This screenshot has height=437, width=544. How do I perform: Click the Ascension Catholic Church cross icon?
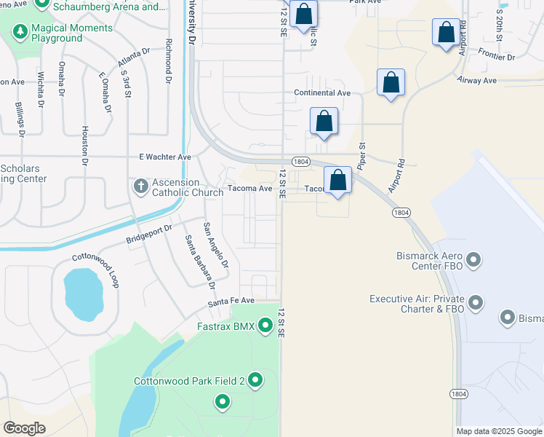(x=141, y=186)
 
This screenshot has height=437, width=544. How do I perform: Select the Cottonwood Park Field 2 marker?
(x=255, y=380)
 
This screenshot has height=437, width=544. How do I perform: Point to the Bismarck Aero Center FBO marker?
(x=474, y=260)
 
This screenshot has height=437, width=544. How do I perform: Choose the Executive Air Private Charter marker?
(x=476, y=302)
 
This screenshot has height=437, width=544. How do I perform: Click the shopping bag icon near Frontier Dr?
(x=446, y=32)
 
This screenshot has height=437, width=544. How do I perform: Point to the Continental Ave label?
(x=321, y=93)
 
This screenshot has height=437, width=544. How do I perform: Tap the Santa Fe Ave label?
(x=231, y=300)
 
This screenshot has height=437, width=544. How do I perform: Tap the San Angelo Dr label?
(x=216, y=244)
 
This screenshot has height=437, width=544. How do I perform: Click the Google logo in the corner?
(x=24, y=428)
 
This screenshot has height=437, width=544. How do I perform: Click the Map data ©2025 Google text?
(x=499, y=431)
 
